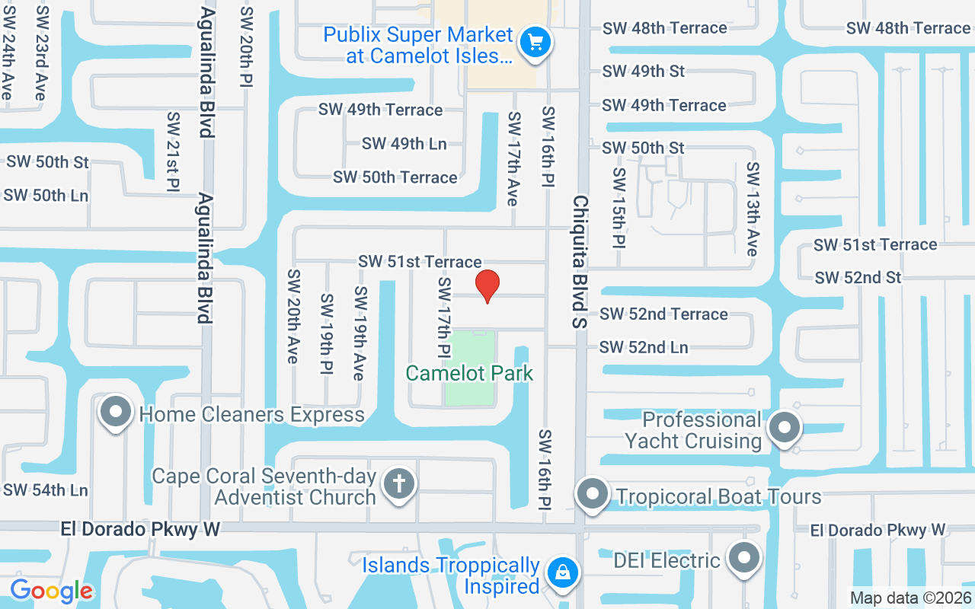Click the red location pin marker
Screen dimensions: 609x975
(x=487, y=286)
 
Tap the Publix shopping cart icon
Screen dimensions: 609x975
(x=535, y=42)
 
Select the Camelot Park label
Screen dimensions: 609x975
(x=469, y=373)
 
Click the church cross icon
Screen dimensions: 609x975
(x=398, y=483)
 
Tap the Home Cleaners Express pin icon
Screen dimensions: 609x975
(x=116, y=412)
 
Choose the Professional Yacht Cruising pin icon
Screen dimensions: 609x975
(x=784, y=427)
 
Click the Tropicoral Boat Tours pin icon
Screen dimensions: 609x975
(x=593, y=494)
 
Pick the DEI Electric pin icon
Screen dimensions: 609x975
(x=743, y=559)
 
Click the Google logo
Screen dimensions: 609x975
(x=52, y=590)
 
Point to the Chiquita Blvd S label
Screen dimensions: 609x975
(x=581, y=261)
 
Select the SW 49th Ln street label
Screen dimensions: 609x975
(x=404, y=143)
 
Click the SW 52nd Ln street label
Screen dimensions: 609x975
(x=644, y=347)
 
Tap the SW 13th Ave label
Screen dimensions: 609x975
(x=753, y=209)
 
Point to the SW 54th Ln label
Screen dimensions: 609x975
(x=46, y=489)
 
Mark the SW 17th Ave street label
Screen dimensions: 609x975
(x=513, y=158)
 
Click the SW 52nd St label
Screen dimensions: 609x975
(x=858, y=278)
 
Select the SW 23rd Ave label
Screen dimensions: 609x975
(x=40, y=53)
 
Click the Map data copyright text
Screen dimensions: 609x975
(x=911, y=598)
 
